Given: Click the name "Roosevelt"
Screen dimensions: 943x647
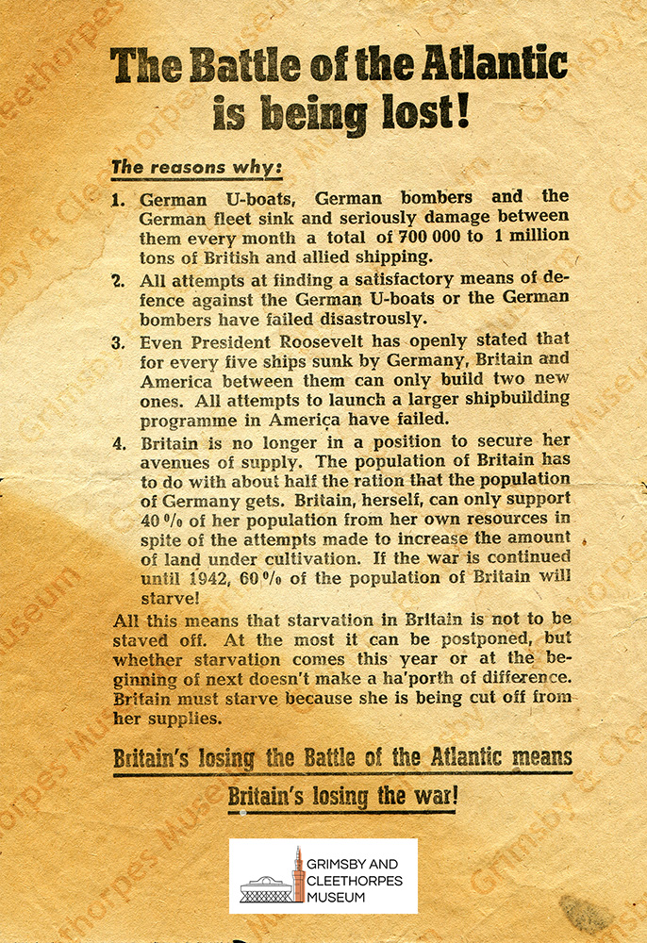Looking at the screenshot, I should coord(319,342).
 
